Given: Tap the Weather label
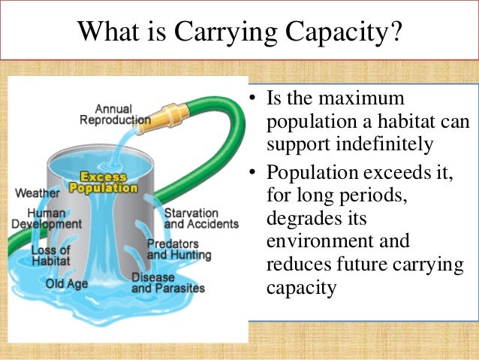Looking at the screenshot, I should [x=38, y=192].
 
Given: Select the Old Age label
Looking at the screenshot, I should [x=68, y=283].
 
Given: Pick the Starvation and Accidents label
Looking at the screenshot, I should [x=200, y=218].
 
